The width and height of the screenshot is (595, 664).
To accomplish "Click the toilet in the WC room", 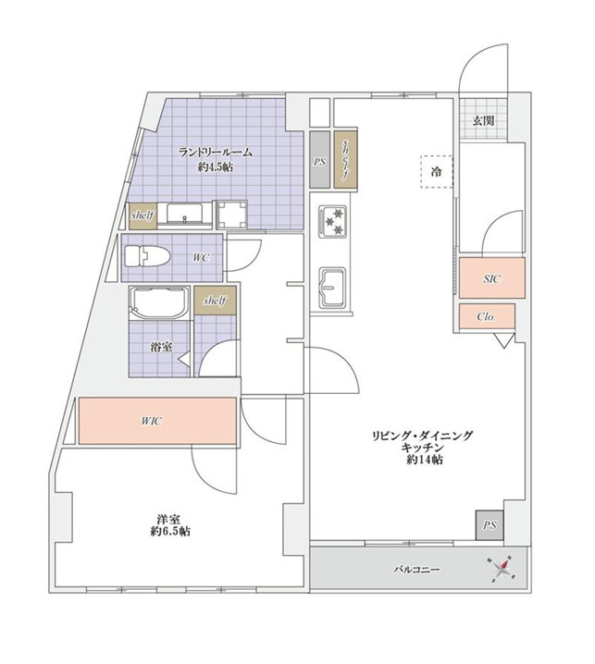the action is [x=146, y=256].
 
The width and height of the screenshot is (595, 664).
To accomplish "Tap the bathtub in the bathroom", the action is [x=158, y=301].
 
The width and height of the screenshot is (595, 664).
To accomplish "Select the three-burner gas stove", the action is [x=333, y=221].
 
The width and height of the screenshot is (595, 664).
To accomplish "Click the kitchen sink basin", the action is [x=332, y=287].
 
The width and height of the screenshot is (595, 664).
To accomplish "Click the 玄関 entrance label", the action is [x=483, y=121].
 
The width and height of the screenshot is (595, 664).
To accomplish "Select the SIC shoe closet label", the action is [x=491, y=278].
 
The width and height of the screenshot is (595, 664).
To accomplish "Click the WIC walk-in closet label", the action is [x=152, y=421].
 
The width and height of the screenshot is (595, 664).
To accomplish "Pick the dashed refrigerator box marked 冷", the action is [x=437, y=171].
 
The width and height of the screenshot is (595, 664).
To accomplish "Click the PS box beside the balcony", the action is [x=490, y=525].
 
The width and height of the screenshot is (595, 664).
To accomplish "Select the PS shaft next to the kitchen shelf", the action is [x=319, y=160].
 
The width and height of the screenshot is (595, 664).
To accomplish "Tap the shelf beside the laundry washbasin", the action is [x=143, y=216].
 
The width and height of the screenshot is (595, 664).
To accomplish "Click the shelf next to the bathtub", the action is [x=215, y=301].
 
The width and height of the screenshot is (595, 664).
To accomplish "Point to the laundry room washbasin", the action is [x=185, y=214].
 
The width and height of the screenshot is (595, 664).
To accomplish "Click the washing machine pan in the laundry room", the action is [x=231, y=215].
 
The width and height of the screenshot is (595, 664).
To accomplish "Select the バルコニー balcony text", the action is [x=416, y=570].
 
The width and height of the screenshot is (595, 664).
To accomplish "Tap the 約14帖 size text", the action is [x=424, y=460].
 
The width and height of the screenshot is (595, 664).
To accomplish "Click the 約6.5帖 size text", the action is [x=170, y=532].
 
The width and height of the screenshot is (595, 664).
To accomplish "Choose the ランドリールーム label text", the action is [x=216, y=153].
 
